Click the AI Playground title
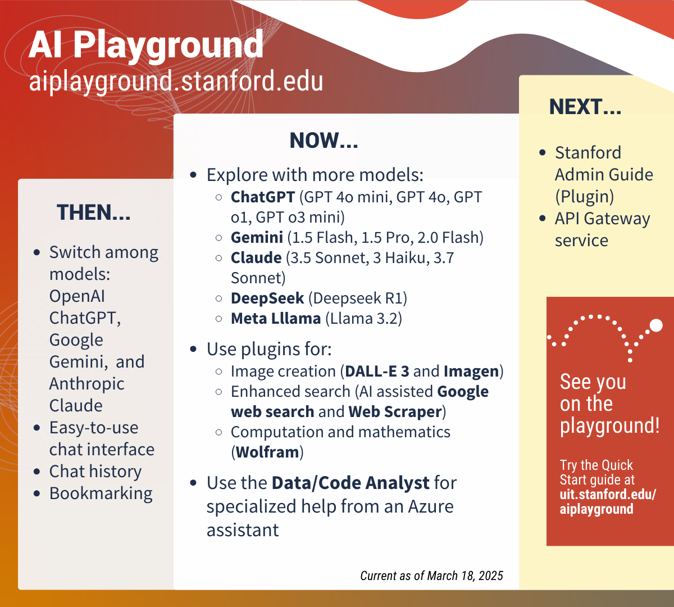(x=146, y=45)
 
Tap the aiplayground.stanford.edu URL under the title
(x=176, y=81)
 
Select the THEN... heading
(x=94, y=212)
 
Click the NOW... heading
(x=324, y=141)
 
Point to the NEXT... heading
(x=585, y=107)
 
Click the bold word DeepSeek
(x=267, y=298)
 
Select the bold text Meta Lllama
(x=276, y=318)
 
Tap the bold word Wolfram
(x=267, y=452)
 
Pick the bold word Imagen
(x=471, y=371)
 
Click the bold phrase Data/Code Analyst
(x=350, y=483)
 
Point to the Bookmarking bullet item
(x=101, y=493)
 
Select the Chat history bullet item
(x=95, y=471)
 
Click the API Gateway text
(x=602, y=218)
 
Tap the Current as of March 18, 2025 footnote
(x=431, y=576)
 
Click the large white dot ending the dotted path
(x=655, y=325)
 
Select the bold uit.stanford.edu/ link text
(x=608, y=495)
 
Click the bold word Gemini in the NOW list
(x=257, y=237)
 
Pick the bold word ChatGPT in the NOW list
(x=263, y=197)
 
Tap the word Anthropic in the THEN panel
(x=87, y=383)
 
